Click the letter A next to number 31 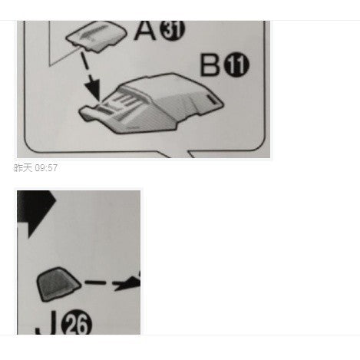pos(145,30)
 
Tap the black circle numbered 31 pos(172,29)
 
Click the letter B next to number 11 pos(210,64)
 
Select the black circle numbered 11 pos(236,64)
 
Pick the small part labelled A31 pos(96,36)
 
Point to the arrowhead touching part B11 pos(94,90)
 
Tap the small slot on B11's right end pos(212,99)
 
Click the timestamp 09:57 pos(46,168)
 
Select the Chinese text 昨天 pos(23,168)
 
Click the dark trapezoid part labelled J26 pos(58,284)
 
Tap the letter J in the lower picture pos(46,322)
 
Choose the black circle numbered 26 pos(77,322)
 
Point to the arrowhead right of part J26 pos(128,282)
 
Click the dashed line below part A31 pos(86,64)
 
